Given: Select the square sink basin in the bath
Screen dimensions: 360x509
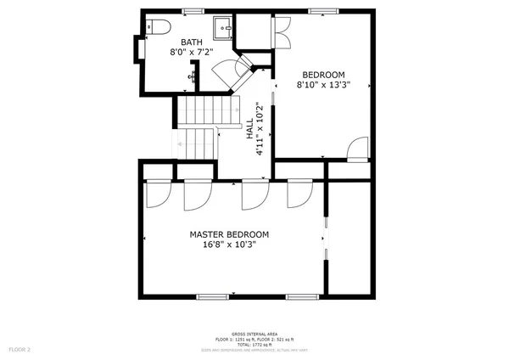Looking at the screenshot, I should tap(223, 28).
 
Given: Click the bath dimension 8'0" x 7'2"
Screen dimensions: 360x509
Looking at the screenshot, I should tap(190, 52).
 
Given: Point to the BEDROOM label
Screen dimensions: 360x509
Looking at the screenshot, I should tap(323, 74).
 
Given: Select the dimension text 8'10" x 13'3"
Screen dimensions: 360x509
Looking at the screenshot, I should tap(323, 85).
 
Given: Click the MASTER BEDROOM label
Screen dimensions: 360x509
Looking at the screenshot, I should tap(229, 234).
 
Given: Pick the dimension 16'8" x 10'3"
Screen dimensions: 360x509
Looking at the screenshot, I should tap(229, 245).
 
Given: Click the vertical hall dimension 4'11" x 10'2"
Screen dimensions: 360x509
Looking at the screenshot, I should tap(260, 130).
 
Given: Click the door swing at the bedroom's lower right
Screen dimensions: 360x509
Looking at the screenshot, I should tap(357, 149).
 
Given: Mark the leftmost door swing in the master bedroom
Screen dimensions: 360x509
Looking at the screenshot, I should tap(157, 194).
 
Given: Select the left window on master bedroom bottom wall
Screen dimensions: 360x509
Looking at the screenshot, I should tap(212, 297).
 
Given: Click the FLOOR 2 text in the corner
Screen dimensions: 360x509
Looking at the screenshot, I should tap(20, 349).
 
